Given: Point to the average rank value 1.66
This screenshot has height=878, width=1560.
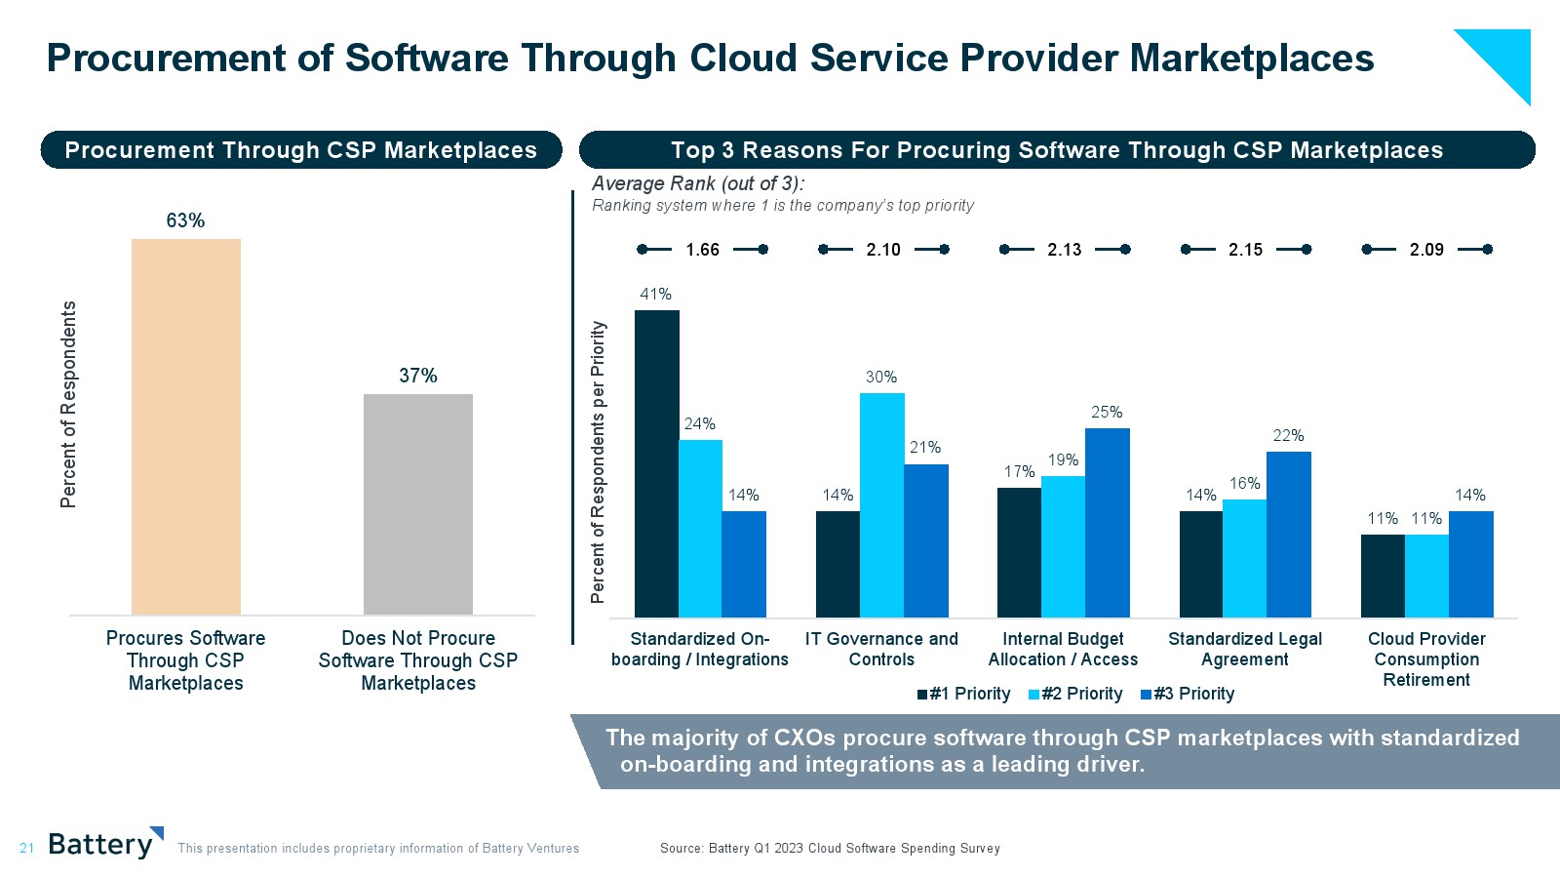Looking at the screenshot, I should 702,250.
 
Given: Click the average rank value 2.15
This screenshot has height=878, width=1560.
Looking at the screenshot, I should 1245,250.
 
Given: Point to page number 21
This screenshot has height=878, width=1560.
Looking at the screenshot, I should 26,849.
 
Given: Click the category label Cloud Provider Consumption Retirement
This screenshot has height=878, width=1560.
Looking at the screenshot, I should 1426,659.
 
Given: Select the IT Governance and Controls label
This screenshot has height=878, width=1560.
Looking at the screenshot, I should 881,649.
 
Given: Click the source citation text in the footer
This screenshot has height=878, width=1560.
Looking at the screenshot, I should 830,849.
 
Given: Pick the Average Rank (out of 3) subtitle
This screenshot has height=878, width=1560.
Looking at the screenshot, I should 698,183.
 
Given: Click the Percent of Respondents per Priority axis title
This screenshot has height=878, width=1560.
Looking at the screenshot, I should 599,461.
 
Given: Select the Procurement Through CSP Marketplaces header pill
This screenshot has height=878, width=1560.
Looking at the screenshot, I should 301,150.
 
